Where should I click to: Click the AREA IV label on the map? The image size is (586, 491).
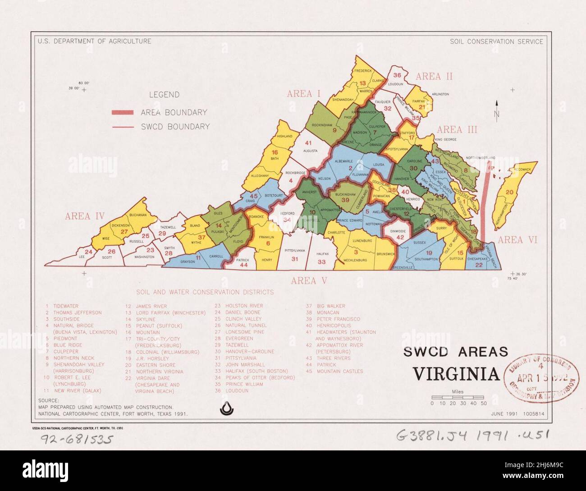pyautogui.click(x=85, y=216)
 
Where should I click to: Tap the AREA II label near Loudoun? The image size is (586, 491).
pyautogui.click(x=434, y=77)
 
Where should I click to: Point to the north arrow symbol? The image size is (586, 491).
pyautogui.click(x=497, y=110)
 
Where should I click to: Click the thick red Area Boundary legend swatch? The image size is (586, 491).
pyautogui.click(x=122, y=113)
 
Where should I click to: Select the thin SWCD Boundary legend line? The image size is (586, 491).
pyautogui.click(x=122, y=127)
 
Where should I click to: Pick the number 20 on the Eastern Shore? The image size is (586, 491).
pyautogui.click(x=509, y=192)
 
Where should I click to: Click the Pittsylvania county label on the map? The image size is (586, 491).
pyautogui.click(x=295, y=250)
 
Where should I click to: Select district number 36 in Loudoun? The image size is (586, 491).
pyautogui.click(x=397, y=75)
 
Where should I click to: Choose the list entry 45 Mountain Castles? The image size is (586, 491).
pyautogui.click(x=334, y=372)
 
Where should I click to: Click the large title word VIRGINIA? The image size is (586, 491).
pyautogui.click(x=456, y=374)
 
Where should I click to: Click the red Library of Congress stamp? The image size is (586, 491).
pyautogui.click(x=541, y=376)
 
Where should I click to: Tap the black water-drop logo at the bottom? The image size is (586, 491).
pyautogui.click(x=225, y=408)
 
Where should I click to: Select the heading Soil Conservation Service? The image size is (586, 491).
pyautogui.click(x=496, y=41)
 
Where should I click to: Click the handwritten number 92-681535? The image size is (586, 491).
pyautogui.click(x=75, y=439)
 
